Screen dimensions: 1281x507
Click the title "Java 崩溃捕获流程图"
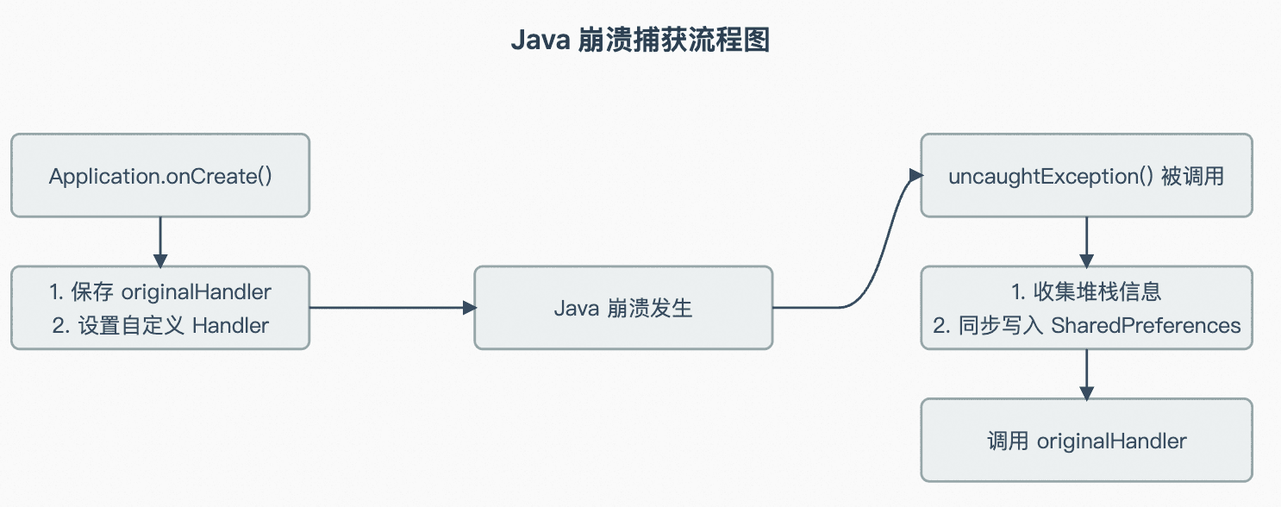640,40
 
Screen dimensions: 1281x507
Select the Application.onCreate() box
160,176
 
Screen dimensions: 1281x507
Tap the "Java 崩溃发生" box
623,308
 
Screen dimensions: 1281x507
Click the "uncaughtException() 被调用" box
1086,176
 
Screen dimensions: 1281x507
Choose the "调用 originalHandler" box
1086,441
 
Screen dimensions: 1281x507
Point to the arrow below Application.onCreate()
160,242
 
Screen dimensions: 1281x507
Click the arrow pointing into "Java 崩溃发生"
392,308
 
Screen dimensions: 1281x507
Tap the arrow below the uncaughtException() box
1086,242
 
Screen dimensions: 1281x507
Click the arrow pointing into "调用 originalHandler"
1086,374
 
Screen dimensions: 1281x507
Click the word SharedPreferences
1146,325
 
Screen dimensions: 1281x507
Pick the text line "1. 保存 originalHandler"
160,291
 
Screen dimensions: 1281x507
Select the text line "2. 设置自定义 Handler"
160,326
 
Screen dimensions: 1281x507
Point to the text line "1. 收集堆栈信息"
1086,291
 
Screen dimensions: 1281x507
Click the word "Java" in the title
541,40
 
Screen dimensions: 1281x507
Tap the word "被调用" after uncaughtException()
1192,176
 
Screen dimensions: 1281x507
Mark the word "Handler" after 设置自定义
230,326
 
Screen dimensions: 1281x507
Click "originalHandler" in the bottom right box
1112,441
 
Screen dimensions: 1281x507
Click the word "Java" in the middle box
577,309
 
